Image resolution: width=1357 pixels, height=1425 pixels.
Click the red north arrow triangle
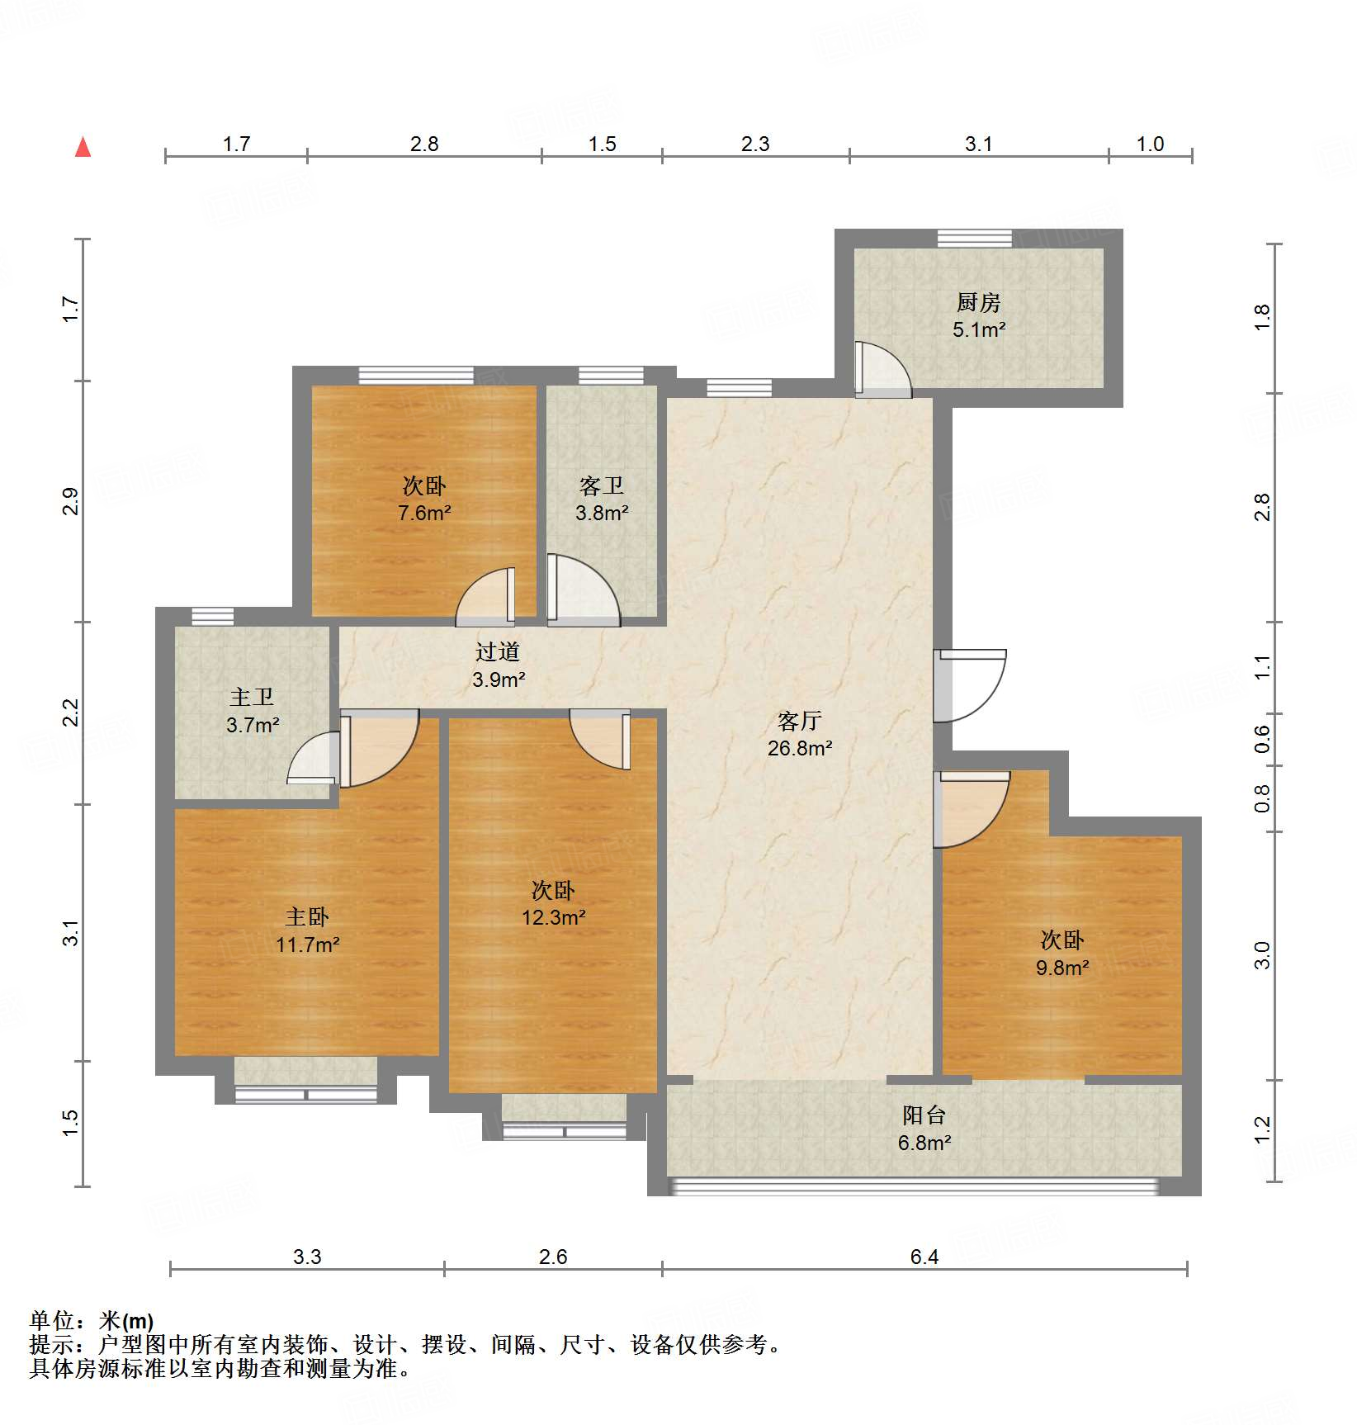83,148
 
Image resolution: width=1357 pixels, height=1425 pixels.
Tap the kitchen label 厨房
978,302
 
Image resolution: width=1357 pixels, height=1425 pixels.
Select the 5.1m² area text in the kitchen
978,330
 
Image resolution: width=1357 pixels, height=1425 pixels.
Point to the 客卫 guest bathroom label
601,485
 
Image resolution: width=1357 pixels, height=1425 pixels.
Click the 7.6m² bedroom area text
423,513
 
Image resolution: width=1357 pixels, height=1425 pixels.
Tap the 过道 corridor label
497,651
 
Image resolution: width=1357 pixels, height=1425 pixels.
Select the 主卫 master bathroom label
252,697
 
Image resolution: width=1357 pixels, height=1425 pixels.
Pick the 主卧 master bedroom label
307,916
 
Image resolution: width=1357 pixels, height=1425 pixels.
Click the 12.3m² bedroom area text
553,917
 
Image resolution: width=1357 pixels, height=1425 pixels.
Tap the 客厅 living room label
799,721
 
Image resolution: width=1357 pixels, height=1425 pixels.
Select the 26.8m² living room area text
799,748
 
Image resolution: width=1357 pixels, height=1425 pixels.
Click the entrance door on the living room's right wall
971,685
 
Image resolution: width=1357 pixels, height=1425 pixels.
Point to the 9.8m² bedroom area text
1061,968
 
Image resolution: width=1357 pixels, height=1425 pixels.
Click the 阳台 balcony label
924,1115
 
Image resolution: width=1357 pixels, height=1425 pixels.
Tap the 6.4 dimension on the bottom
924,1257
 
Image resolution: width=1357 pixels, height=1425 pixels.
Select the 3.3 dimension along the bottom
306,1257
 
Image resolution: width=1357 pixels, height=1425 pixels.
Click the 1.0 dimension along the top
1149,144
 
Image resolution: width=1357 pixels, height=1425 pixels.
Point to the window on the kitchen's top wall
974,239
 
